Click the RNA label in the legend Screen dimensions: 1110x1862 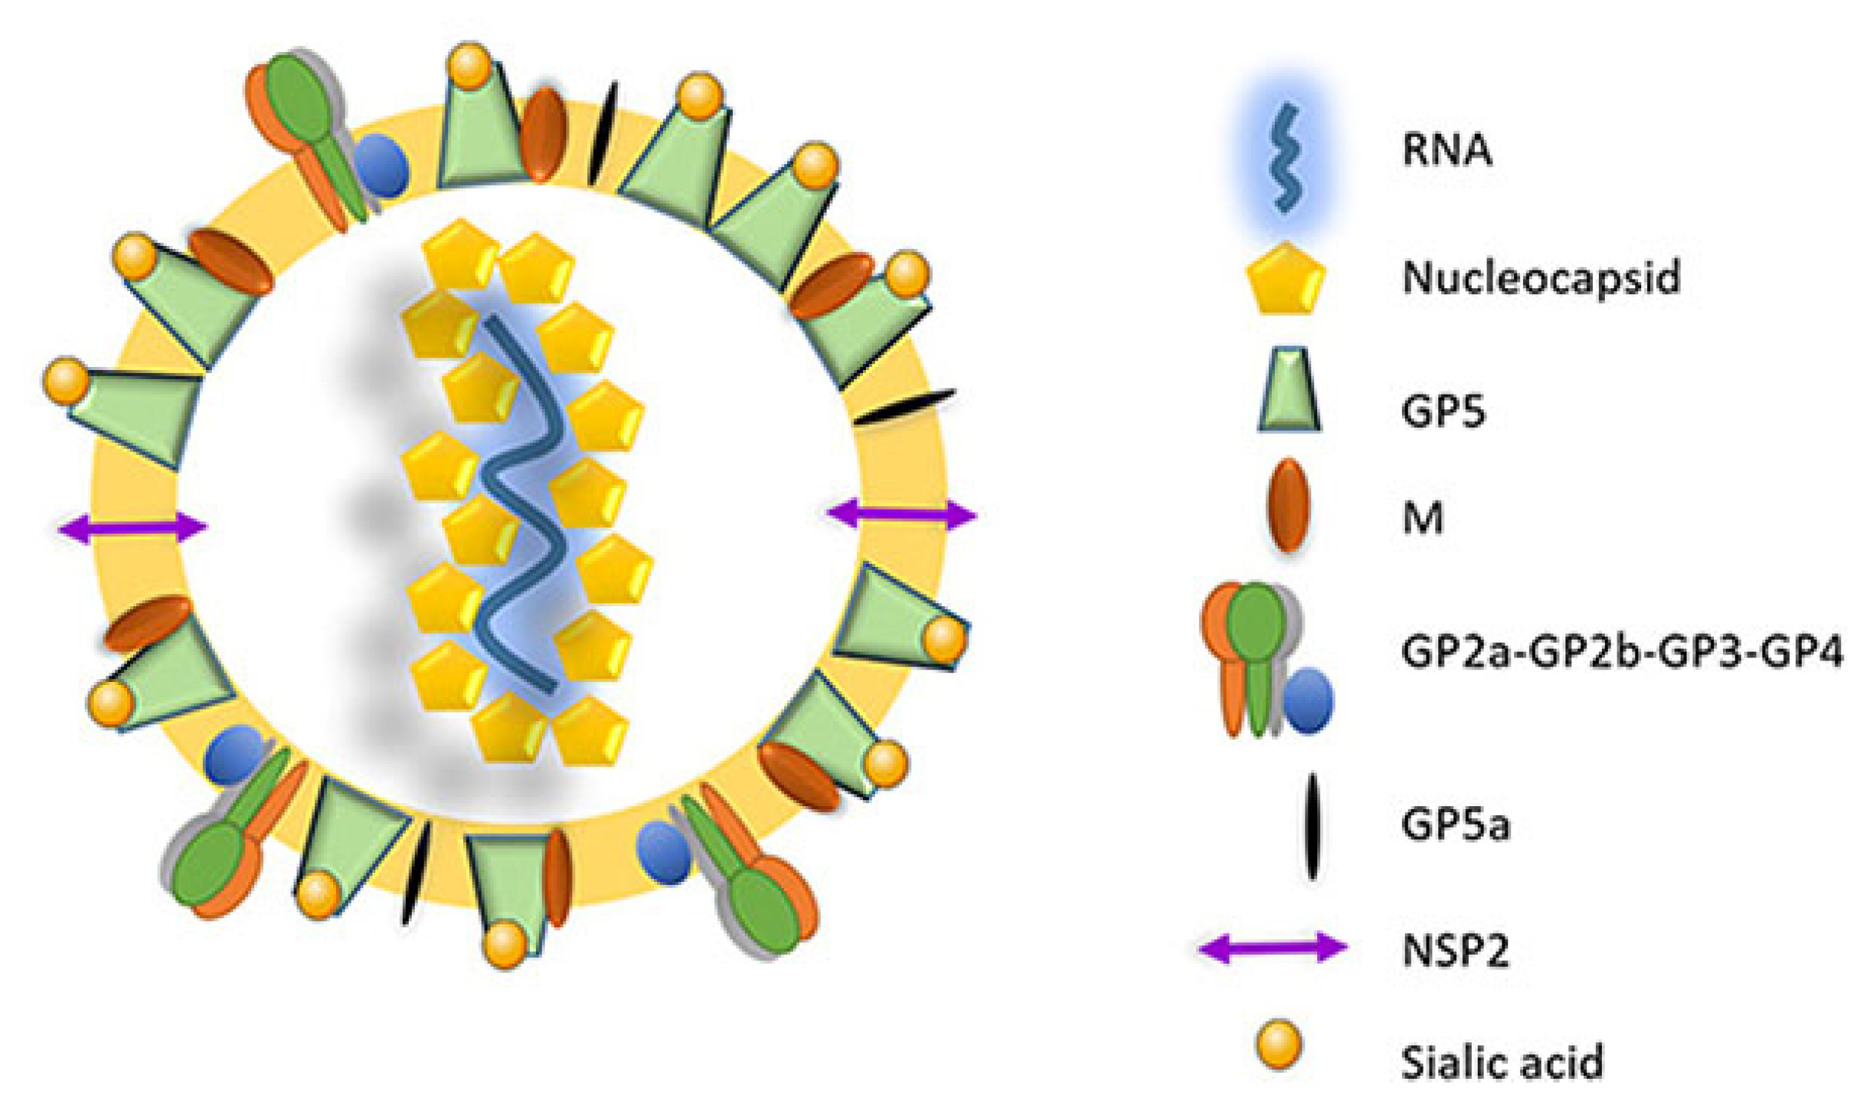tap(1446, 149)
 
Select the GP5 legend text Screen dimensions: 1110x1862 tap(1443, 412)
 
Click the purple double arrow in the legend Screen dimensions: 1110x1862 tap(1273, 948)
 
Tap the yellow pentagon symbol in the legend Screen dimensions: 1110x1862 tap(1286, 279)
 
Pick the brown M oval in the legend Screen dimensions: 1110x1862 tap(1289, 507)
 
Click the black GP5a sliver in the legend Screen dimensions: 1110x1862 tap(1312, 825)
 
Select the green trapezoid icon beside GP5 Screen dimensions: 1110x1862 tap(1289, 390)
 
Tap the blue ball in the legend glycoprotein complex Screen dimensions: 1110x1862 tap(1308, 700)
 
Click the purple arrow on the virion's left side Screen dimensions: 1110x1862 tap(132, 528)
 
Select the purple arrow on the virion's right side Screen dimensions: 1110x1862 tap(902, 515)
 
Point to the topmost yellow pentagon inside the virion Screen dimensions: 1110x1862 tap(460, 255)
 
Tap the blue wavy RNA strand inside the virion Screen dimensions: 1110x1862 tap(523, 502)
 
